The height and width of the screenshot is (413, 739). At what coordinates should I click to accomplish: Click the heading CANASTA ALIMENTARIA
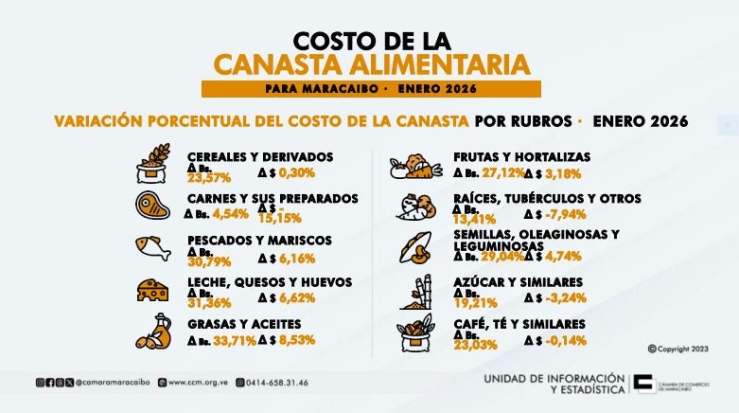tap(371, 64)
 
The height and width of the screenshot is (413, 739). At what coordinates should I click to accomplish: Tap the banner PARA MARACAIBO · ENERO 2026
tap(371, 89)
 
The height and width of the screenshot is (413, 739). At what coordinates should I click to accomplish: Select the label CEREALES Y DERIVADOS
tap(260, 156)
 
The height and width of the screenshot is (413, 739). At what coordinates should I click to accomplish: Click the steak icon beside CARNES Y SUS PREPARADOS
tap(152, 205)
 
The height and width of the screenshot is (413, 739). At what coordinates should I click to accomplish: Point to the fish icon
tap(152, 248)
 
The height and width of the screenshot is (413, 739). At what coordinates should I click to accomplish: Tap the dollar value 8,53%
tap(296, 339)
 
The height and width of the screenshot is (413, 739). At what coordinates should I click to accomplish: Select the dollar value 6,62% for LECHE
tap(296, 297)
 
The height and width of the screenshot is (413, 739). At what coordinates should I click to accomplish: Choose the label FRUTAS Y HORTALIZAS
tap(521, 156)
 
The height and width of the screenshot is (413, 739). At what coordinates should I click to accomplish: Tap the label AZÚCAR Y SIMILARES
tap(518, 282)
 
